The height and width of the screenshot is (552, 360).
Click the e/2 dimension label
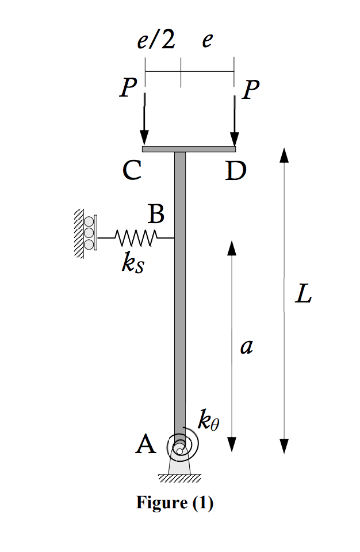[156, 41]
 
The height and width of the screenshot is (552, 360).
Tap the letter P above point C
[128, 89]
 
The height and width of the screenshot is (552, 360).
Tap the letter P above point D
[251, 90]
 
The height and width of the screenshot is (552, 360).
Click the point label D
[235, 171]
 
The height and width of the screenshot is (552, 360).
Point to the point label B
[156, 214]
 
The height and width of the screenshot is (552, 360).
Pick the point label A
[145, 444]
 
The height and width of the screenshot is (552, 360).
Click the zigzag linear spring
[136, 237]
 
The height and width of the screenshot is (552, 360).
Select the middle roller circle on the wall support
[89, 233]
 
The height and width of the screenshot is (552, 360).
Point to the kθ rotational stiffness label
[208, 421]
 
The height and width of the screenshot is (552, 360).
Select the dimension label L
[302, 295]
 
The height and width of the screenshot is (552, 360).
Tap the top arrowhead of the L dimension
[284, 155]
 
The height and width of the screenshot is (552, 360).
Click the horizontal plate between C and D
[189, 149]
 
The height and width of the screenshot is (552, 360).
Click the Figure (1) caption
[175, 503]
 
